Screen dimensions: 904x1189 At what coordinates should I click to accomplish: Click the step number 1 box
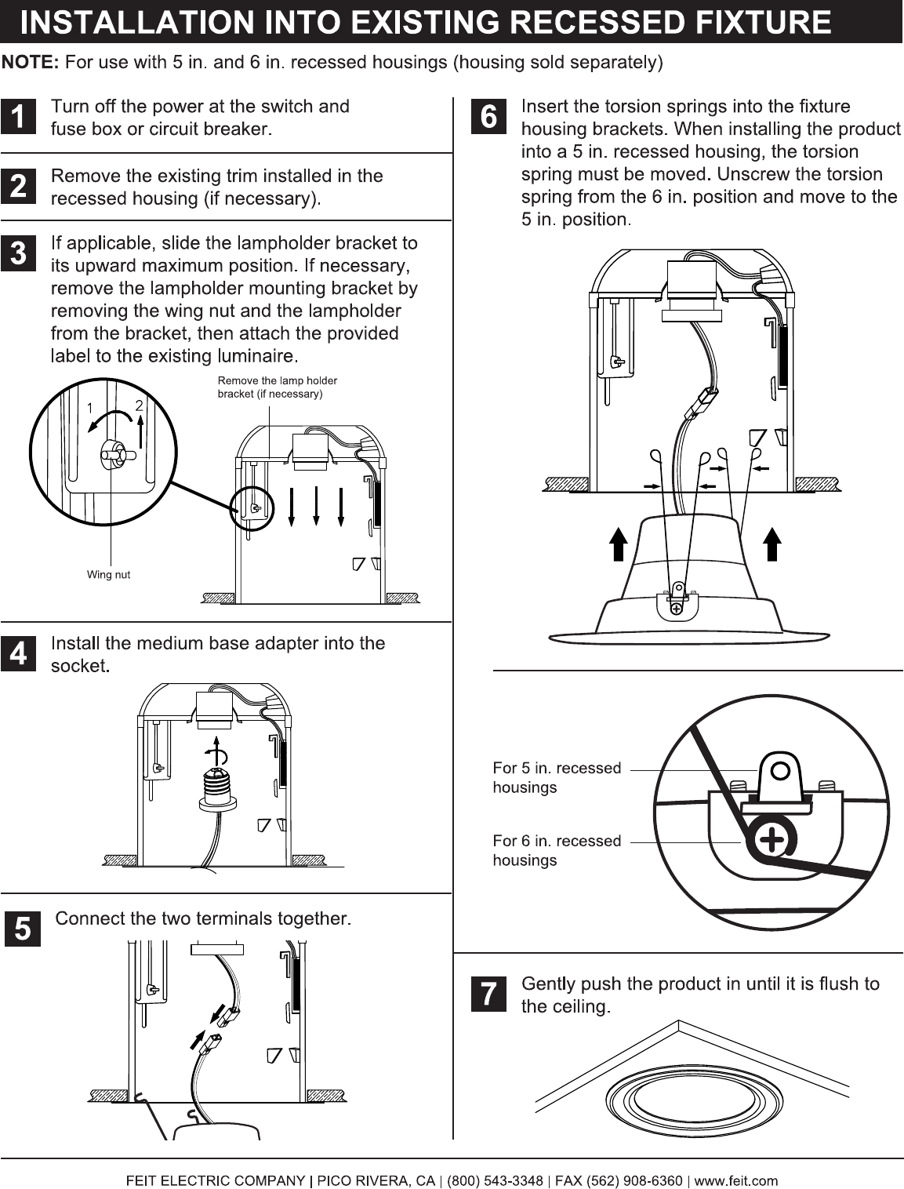[18, 116]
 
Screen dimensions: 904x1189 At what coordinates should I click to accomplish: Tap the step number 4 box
[18, 653]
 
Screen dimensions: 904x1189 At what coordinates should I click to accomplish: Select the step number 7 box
[488, 994]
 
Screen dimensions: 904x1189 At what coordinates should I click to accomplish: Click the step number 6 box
[488, 116]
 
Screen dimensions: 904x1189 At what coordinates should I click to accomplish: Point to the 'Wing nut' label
[108, 575]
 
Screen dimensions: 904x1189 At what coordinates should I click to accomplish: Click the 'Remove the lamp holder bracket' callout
[277, 387]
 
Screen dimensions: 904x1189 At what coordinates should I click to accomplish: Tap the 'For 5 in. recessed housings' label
[557, 777]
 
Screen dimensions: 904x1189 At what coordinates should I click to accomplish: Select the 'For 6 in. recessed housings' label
[557, 850]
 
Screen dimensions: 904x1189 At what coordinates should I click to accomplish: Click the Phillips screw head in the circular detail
[771, 841]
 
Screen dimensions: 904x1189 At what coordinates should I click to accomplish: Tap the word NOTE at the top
[31, 62]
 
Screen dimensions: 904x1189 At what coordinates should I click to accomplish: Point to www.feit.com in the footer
[735, 1181]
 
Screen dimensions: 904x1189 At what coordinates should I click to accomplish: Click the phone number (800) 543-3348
[495, 1181]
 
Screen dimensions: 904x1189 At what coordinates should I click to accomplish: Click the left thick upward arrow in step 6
[618, 544]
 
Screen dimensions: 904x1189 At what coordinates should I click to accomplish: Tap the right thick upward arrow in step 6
[772, 544]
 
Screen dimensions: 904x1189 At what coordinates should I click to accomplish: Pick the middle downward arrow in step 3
[316, 506]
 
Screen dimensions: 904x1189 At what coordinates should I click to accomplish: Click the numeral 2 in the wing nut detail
[139, 405]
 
